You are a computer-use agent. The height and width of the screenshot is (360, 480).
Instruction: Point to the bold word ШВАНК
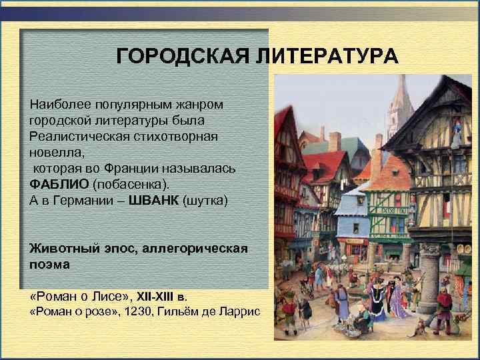point(156,199)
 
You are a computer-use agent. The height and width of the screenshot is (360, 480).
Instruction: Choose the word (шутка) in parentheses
point(205,199)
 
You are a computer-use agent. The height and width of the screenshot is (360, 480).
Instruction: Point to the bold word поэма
point(49,264)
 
